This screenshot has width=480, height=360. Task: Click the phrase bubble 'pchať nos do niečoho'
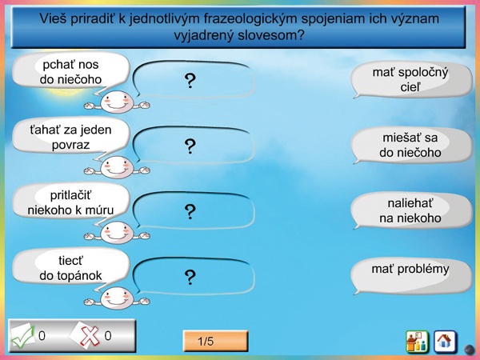70,71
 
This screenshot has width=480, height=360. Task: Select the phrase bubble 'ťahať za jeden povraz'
70,137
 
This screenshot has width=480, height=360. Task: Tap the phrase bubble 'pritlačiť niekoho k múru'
70,202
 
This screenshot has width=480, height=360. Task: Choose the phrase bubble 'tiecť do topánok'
70,268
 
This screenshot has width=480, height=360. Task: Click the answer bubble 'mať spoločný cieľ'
411,79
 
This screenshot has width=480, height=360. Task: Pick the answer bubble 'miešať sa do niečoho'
411,145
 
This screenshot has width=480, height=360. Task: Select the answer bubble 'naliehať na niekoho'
411,210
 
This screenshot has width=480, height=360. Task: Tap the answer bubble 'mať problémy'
411,275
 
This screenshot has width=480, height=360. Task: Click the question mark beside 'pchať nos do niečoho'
190,81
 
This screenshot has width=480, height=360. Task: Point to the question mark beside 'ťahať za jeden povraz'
190,146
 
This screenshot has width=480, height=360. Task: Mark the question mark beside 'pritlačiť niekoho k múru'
190,211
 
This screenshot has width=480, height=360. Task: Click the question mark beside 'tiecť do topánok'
190,277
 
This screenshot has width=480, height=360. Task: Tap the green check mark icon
22,336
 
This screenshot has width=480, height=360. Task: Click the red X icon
89,336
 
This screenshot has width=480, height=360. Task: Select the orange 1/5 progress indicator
215,341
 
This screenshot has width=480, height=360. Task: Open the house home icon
445,341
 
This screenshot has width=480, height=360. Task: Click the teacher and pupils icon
417,341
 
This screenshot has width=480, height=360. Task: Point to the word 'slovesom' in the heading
271,35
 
